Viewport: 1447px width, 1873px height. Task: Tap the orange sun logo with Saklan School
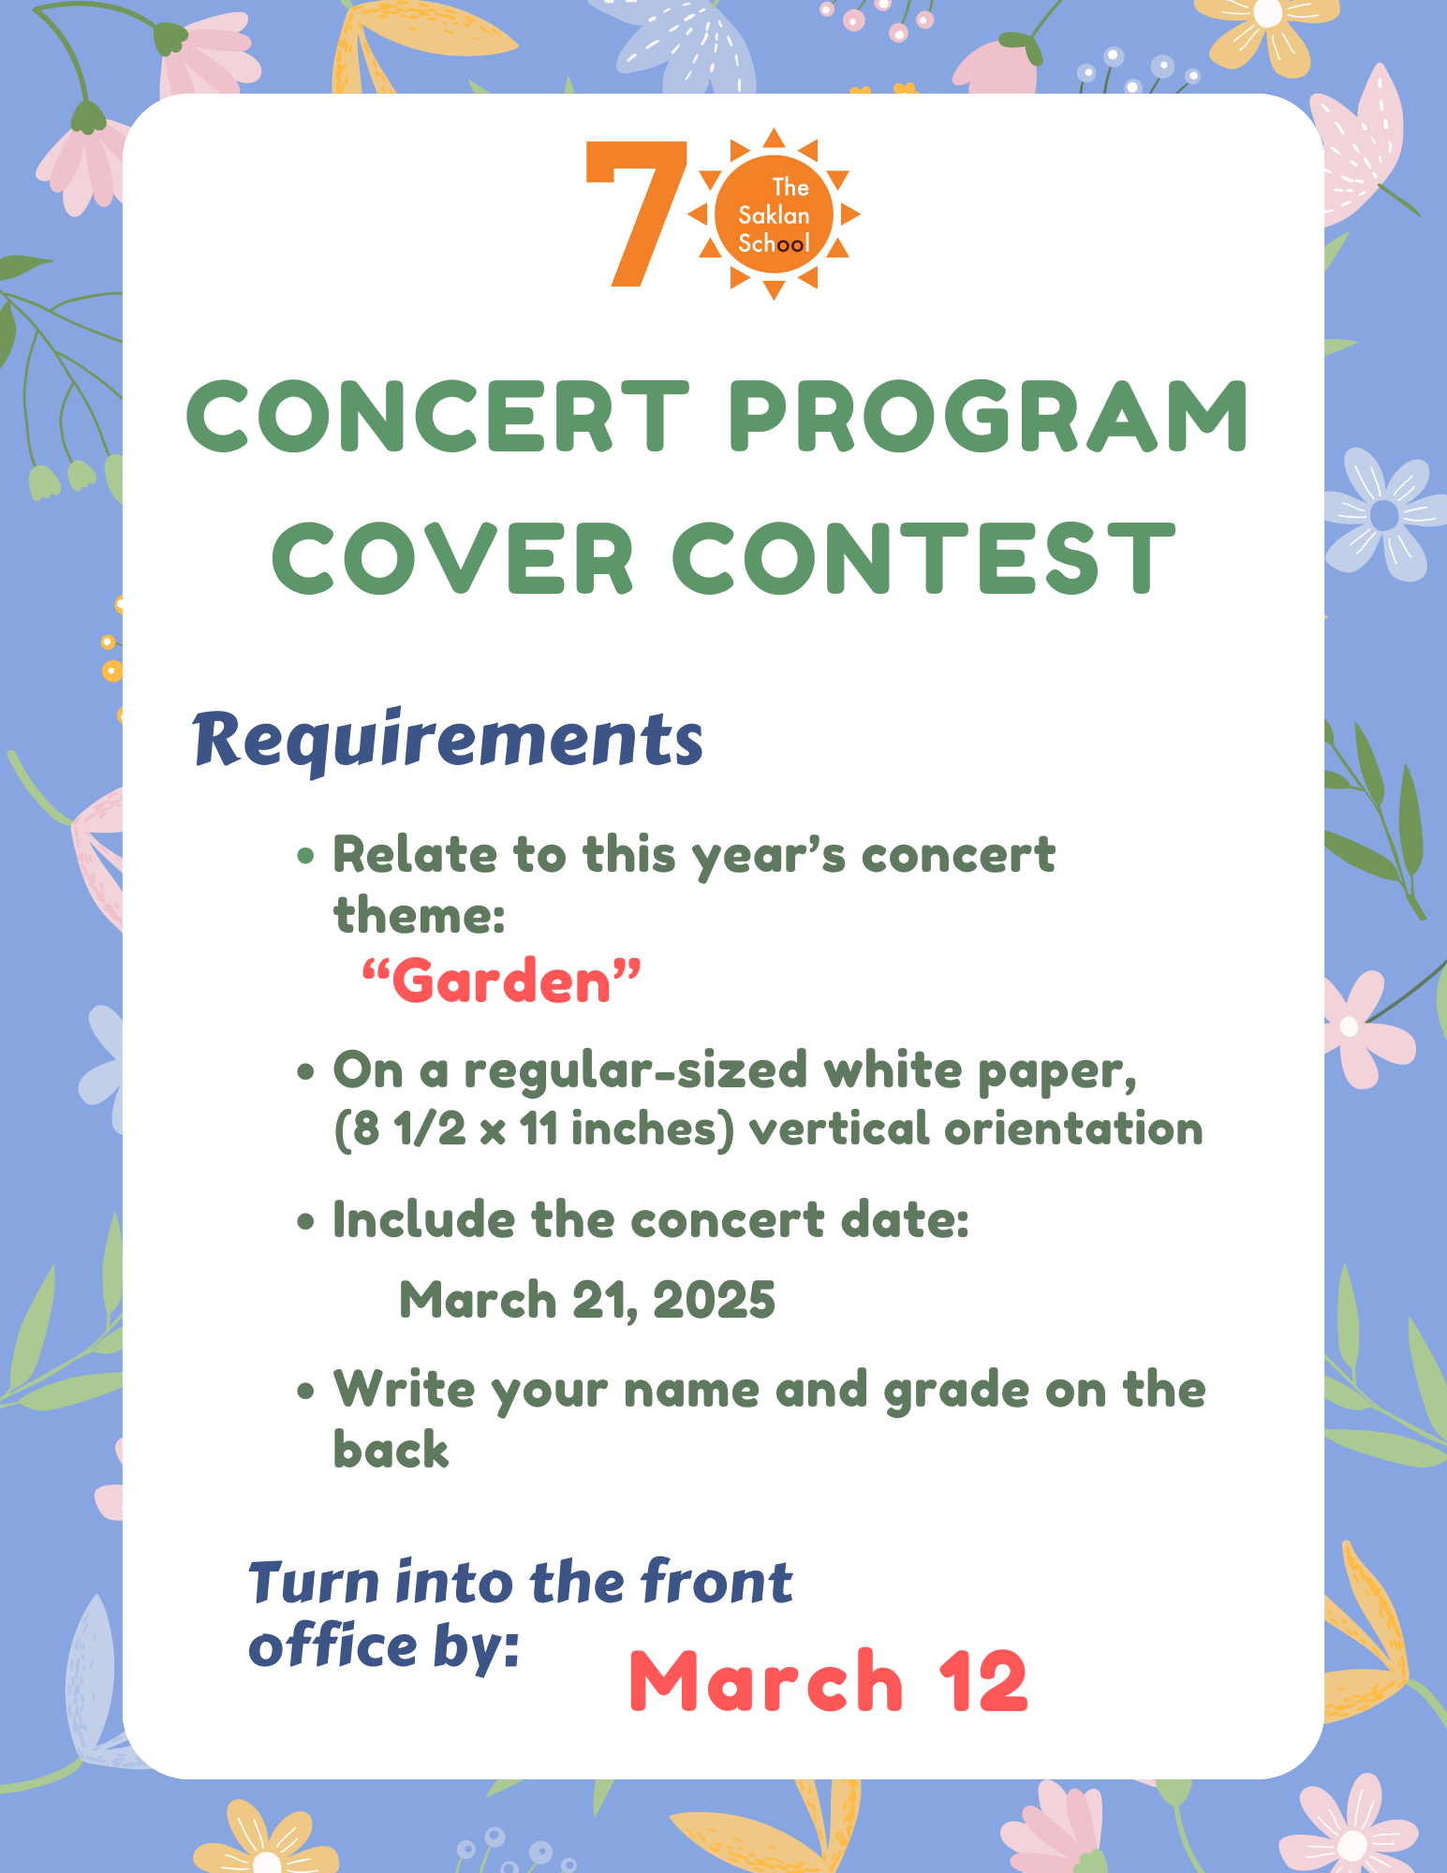[774, 214]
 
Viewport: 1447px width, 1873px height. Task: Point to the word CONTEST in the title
[923, 559]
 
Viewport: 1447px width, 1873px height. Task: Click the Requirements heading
[448, 740]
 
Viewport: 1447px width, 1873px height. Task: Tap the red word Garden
[501, 981]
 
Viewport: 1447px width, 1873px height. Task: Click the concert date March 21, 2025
[587, 1300]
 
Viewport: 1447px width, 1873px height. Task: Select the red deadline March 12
[828, 1682]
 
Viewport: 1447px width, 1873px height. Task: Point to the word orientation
[1073, 1128]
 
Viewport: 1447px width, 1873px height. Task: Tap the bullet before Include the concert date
[305, 1222]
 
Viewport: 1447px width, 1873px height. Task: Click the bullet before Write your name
[305, 1392]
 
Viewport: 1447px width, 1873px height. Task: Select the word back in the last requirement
[391, 1450]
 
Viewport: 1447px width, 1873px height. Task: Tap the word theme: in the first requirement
[420, 915]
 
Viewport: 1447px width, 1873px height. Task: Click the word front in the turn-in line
[716, 1583]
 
